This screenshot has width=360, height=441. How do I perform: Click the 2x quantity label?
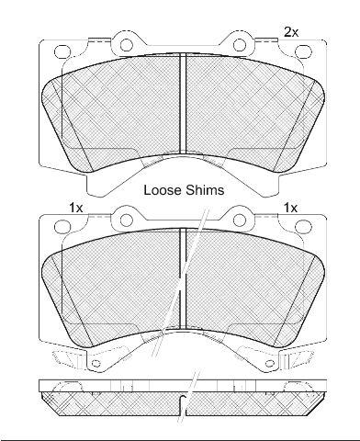click(291, 32)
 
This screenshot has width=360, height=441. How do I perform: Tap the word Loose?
click(163, 190)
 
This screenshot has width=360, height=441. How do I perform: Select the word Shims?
click(205, 190)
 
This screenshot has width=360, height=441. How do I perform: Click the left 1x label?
click(75, 209)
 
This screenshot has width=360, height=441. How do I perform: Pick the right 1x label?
click(290, 209)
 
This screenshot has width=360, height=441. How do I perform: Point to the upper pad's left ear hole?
click(126, 45)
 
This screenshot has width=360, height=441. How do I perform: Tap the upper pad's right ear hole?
click(240, 45)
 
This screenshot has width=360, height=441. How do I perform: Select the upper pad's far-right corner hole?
click(304, 51)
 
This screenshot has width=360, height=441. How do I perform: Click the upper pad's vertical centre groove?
click(183, 103)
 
